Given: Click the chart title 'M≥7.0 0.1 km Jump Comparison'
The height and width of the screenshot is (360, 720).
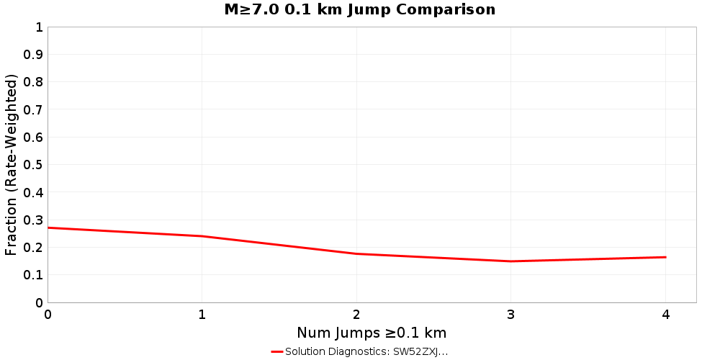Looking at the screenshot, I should [x=360, y=10].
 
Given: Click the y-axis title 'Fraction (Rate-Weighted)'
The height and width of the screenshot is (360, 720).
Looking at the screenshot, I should [x=12, y=164].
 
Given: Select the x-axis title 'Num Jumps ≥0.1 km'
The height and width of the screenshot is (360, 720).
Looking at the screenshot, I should [x=372, y=333].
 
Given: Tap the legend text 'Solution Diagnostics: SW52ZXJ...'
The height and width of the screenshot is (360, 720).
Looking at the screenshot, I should [x=366, y=351].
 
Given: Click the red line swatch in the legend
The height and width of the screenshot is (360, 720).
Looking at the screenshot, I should [x=277, y=351].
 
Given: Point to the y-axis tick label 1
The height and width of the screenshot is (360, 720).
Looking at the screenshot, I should [x=38, y=27].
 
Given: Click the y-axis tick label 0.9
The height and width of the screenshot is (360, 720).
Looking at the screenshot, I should [x=34, y=55].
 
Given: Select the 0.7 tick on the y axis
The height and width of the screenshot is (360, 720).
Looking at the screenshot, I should [x=34, y=109].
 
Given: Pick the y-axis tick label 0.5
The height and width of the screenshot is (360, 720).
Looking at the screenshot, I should [x=34, y=165].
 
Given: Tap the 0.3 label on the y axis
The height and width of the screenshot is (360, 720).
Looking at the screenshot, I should [x=34, y=220].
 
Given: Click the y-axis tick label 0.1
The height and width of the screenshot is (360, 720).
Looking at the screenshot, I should [x=34, y=275].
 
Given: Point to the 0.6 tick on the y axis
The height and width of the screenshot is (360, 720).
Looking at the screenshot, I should [x=34, y=138].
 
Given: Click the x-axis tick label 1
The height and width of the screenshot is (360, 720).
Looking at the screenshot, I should [x=202, y=315].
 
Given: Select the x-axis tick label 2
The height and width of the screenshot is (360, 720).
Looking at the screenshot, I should [x=356, y=315].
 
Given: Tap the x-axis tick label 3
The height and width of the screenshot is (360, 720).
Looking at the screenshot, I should [x=511, y=315].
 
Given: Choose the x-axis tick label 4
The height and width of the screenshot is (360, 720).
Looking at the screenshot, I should [x=665, y=315].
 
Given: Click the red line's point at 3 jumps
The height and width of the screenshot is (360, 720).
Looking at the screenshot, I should [x=511, y=261].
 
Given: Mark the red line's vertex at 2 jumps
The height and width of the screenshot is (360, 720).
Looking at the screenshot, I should [x=356, y=253].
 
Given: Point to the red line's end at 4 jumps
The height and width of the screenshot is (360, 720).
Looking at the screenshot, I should [x=665, y=257].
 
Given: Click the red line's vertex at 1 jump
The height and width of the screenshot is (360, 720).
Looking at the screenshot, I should [x=202, y=236].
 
